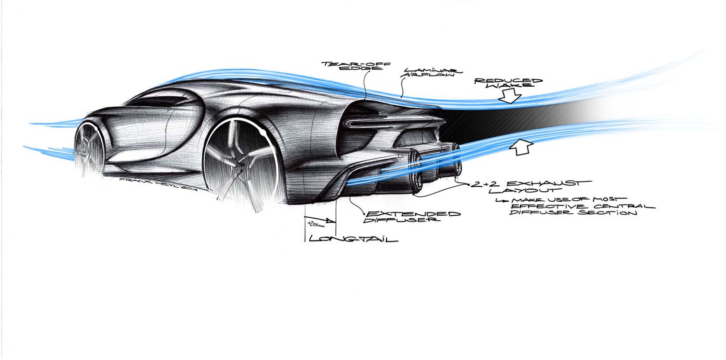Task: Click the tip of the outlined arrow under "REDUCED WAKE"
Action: (x=510, y=104)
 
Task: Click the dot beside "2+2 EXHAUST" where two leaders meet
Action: (x=469, y=185)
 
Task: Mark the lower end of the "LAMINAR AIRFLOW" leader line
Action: (x=402, y=97)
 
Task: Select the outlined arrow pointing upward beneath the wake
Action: (x=521, y=147)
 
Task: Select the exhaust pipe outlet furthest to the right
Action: (x=457, y=160)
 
